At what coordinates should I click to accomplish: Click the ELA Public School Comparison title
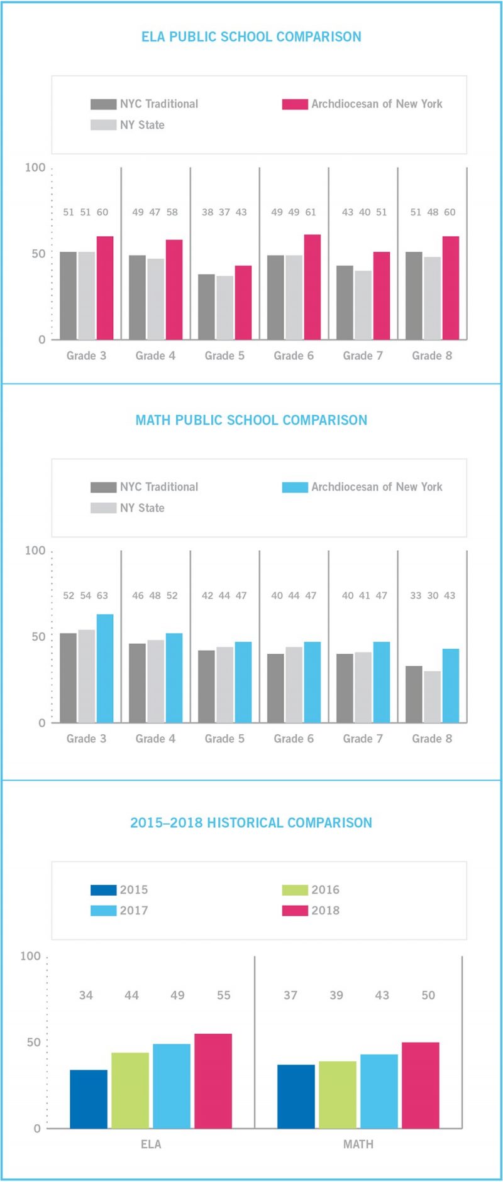[251, 36]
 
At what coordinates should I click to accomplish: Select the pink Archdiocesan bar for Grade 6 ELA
[312, 287]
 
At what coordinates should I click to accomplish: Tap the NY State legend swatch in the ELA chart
[103, 125]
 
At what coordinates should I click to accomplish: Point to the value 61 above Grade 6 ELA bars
[311, 212]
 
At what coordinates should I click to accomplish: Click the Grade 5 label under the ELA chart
[224, 355]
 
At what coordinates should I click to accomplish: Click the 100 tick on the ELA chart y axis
[35, 168]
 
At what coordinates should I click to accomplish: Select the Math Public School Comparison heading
[251, 420]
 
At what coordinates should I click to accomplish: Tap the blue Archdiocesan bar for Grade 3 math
[105, 668]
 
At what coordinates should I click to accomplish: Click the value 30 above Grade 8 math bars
[433, 595]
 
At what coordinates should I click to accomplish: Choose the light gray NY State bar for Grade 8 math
[432, 697]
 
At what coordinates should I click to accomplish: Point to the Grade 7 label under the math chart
[363, 739]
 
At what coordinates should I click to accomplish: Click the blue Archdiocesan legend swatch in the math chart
[294, 487]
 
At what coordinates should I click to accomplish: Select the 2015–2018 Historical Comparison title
[251, 823]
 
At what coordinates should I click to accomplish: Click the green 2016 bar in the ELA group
[130, 1090]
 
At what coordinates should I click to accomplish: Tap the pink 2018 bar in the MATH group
[420, 1085]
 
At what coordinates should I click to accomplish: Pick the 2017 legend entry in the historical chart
[119, 911]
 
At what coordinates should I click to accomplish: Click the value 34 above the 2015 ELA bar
[86, 995]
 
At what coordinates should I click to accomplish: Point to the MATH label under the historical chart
[358, 1144]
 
